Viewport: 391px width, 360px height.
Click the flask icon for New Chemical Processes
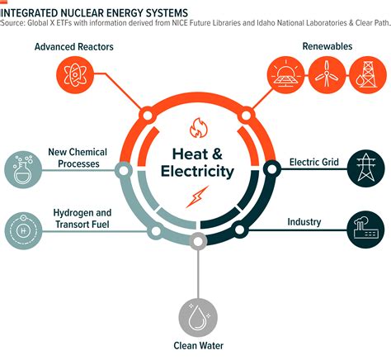click(22, 167)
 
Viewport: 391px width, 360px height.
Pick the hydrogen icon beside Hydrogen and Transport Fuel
click(22, 225)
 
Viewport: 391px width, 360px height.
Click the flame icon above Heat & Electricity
click(196, 129)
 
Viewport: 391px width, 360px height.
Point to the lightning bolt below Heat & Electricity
click(196, 198)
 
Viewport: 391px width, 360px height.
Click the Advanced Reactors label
click(74, 46)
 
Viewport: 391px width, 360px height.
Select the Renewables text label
click(327, 46)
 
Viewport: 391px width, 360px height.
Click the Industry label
click(304, 221)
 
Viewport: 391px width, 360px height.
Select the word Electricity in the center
click(196, 172)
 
